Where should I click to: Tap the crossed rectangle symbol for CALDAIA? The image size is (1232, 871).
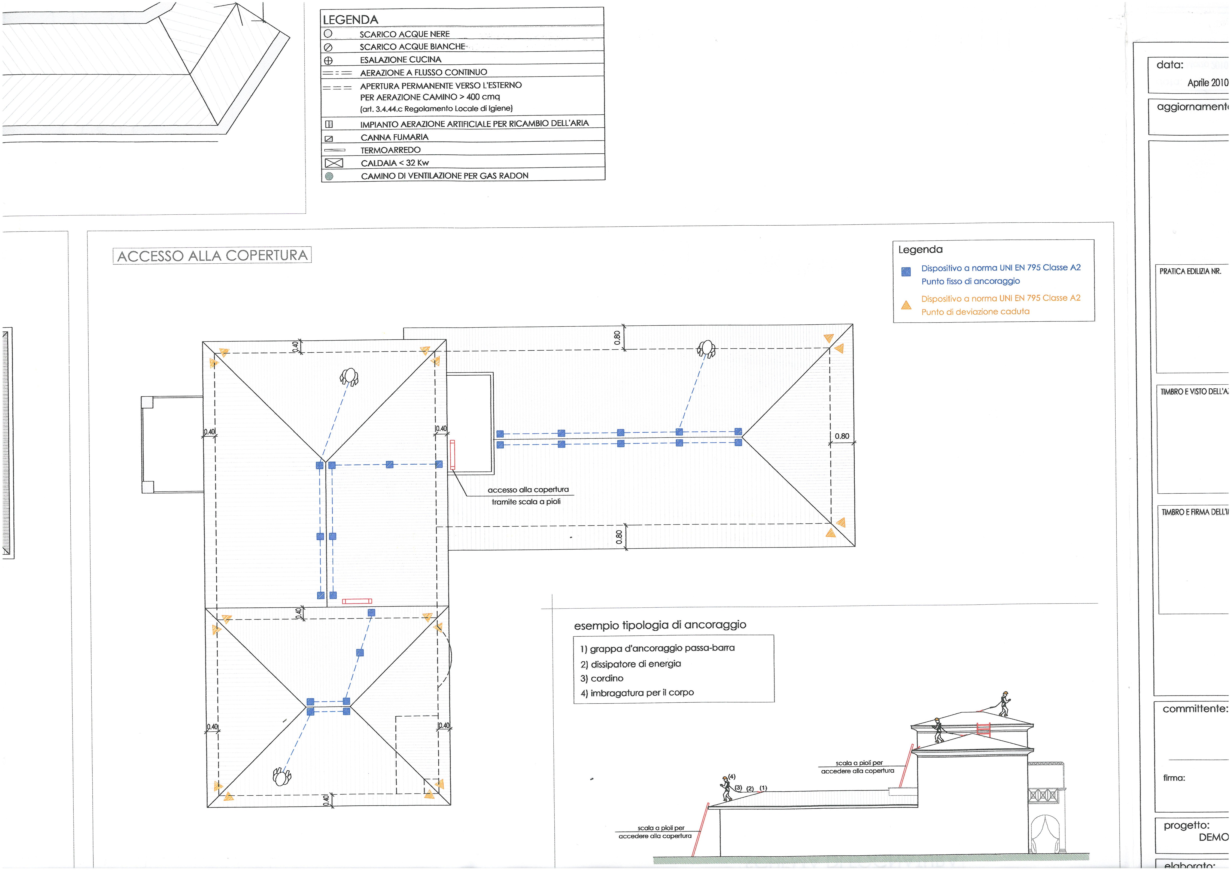tap(334, 163)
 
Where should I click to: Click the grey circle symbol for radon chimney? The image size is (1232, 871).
tap(329, 176)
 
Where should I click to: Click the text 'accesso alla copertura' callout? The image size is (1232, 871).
tap(528, 490)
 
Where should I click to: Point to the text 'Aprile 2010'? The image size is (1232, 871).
tap(1207, 83)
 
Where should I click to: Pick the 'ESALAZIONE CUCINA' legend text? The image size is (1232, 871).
tap(400, 60)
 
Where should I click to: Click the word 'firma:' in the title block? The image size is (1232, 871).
tap(1174, 778)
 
